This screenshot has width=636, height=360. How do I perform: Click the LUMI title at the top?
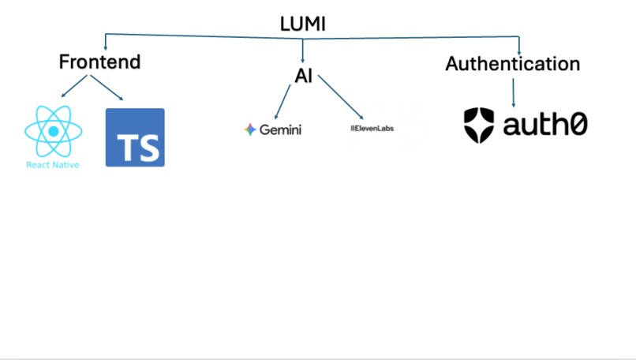pos(303,24)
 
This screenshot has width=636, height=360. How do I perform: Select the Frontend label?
pos(99,62)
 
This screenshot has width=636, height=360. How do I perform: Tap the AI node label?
pos(304,77)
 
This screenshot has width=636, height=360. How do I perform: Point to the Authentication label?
pos(512,64)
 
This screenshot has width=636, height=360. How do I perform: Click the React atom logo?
pos(53,131)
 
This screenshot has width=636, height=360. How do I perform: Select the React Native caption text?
pos(53,165)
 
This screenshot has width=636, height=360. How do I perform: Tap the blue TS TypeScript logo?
pos(135,137)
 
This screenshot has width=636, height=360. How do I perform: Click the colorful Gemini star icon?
pos(250,129)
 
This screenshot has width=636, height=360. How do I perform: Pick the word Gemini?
pos(280,129)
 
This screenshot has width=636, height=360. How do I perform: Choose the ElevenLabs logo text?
pos(372,128)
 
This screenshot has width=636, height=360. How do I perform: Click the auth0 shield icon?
pos(478,125)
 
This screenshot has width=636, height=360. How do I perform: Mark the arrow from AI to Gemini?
pos(282,102)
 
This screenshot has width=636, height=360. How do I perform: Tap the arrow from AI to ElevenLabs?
pos(341,100)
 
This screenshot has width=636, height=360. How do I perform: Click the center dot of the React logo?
pos(53,131)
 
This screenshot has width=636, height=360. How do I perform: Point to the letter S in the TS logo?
pos(149,147)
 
